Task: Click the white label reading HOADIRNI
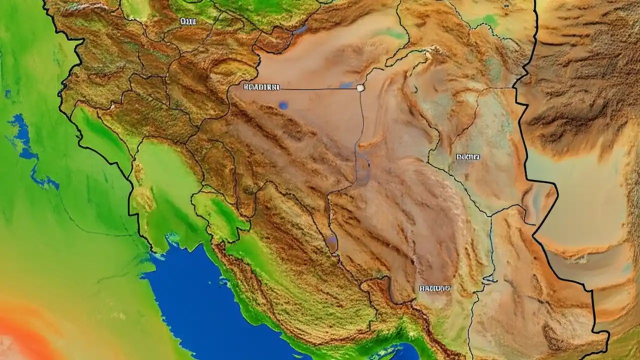tap(261, 87)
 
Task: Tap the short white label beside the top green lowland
tap(188, 21)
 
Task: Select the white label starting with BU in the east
tap(467, 156)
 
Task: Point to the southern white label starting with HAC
tap(434, 288)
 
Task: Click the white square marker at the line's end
tap(360, 87)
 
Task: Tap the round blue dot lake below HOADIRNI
tap(283, 105)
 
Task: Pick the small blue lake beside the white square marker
tap(346, 85)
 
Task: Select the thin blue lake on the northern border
tap(300, 30)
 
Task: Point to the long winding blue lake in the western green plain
tap(30, 150)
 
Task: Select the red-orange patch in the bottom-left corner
tap(20, 335)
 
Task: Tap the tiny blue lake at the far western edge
tap(7, 93)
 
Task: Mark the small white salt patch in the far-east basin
tap(580, 258)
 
